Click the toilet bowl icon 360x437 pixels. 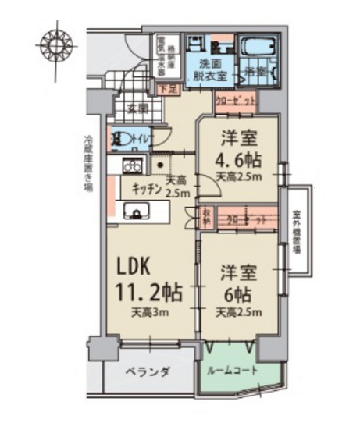[125, 140]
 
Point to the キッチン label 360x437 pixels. [146, 188]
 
